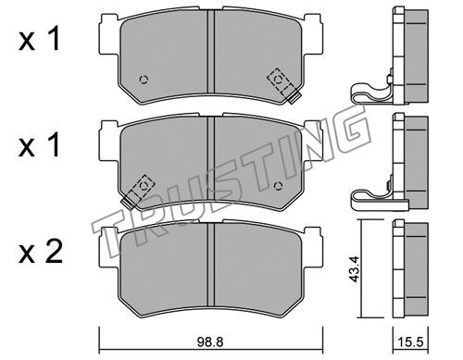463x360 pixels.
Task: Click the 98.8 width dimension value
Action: click(x=210, y=341)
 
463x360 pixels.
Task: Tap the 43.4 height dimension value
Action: click(x=355, y=268)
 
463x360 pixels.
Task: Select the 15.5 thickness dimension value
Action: click(x=410, y=341)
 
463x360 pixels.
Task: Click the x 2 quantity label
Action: click(x=40, y=254)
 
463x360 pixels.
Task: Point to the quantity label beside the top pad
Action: click(x=39, y=40)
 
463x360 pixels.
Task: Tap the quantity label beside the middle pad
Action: click(x=39, y=146)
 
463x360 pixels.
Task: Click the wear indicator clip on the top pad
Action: click(x=284, y=85)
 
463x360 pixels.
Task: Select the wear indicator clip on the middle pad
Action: click(x=138, y=191)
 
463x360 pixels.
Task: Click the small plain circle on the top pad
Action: click(x=144, y=80)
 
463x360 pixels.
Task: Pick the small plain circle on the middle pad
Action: click(x=278, y=186)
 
